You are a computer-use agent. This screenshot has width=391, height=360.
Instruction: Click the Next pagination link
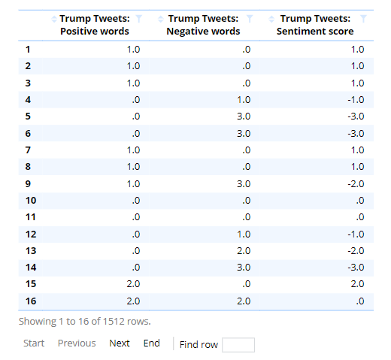coord(120,343)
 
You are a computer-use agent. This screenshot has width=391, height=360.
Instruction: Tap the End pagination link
coord(151,343)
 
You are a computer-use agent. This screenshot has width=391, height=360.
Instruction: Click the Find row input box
coord(238,345)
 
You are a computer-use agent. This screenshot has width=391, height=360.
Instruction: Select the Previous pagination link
coord(77,343)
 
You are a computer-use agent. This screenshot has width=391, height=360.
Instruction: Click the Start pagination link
coord(34,343)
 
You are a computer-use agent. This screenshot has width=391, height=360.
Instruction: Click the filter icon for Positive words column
coord(138,19)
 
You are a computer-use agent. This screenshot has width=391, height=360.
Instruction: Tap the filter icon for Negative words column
coord(250,19)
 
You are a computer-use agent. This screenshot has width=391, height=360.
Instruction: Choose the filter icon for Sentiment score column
coord(363,19)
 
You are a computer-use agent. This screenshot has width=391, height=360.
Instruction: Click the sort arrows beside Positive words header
coord(54,19)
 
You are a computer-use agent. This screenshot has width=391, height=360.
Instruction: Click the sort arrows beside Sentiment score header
coord(271,19)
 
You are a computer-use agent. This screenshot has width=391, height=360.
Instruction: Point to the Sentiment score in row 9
coord(356,184)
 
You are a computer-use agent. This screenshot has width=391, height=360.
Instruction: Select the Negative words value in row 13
coord(244,250)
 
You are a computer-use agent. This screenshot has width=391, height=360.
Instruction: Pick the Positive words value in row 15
coord(133,284)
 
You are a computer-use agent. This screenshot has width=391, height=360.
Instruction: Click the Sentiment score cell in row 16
coord(360,301)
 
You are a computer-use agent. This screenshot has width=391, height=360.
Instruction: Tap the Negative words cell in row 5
coord(244,116)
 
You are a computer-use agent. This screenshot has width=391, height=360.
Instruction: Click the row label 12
coord(31,234)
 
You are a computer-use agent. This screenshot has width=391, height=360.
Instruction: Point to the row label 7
coord(28,150)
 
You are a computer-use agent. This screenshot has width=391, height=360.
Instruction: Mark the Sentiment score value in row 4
coord(356,100)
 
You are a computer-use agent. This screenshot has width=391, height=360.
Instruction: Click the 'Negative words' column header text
coord(203,32)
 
